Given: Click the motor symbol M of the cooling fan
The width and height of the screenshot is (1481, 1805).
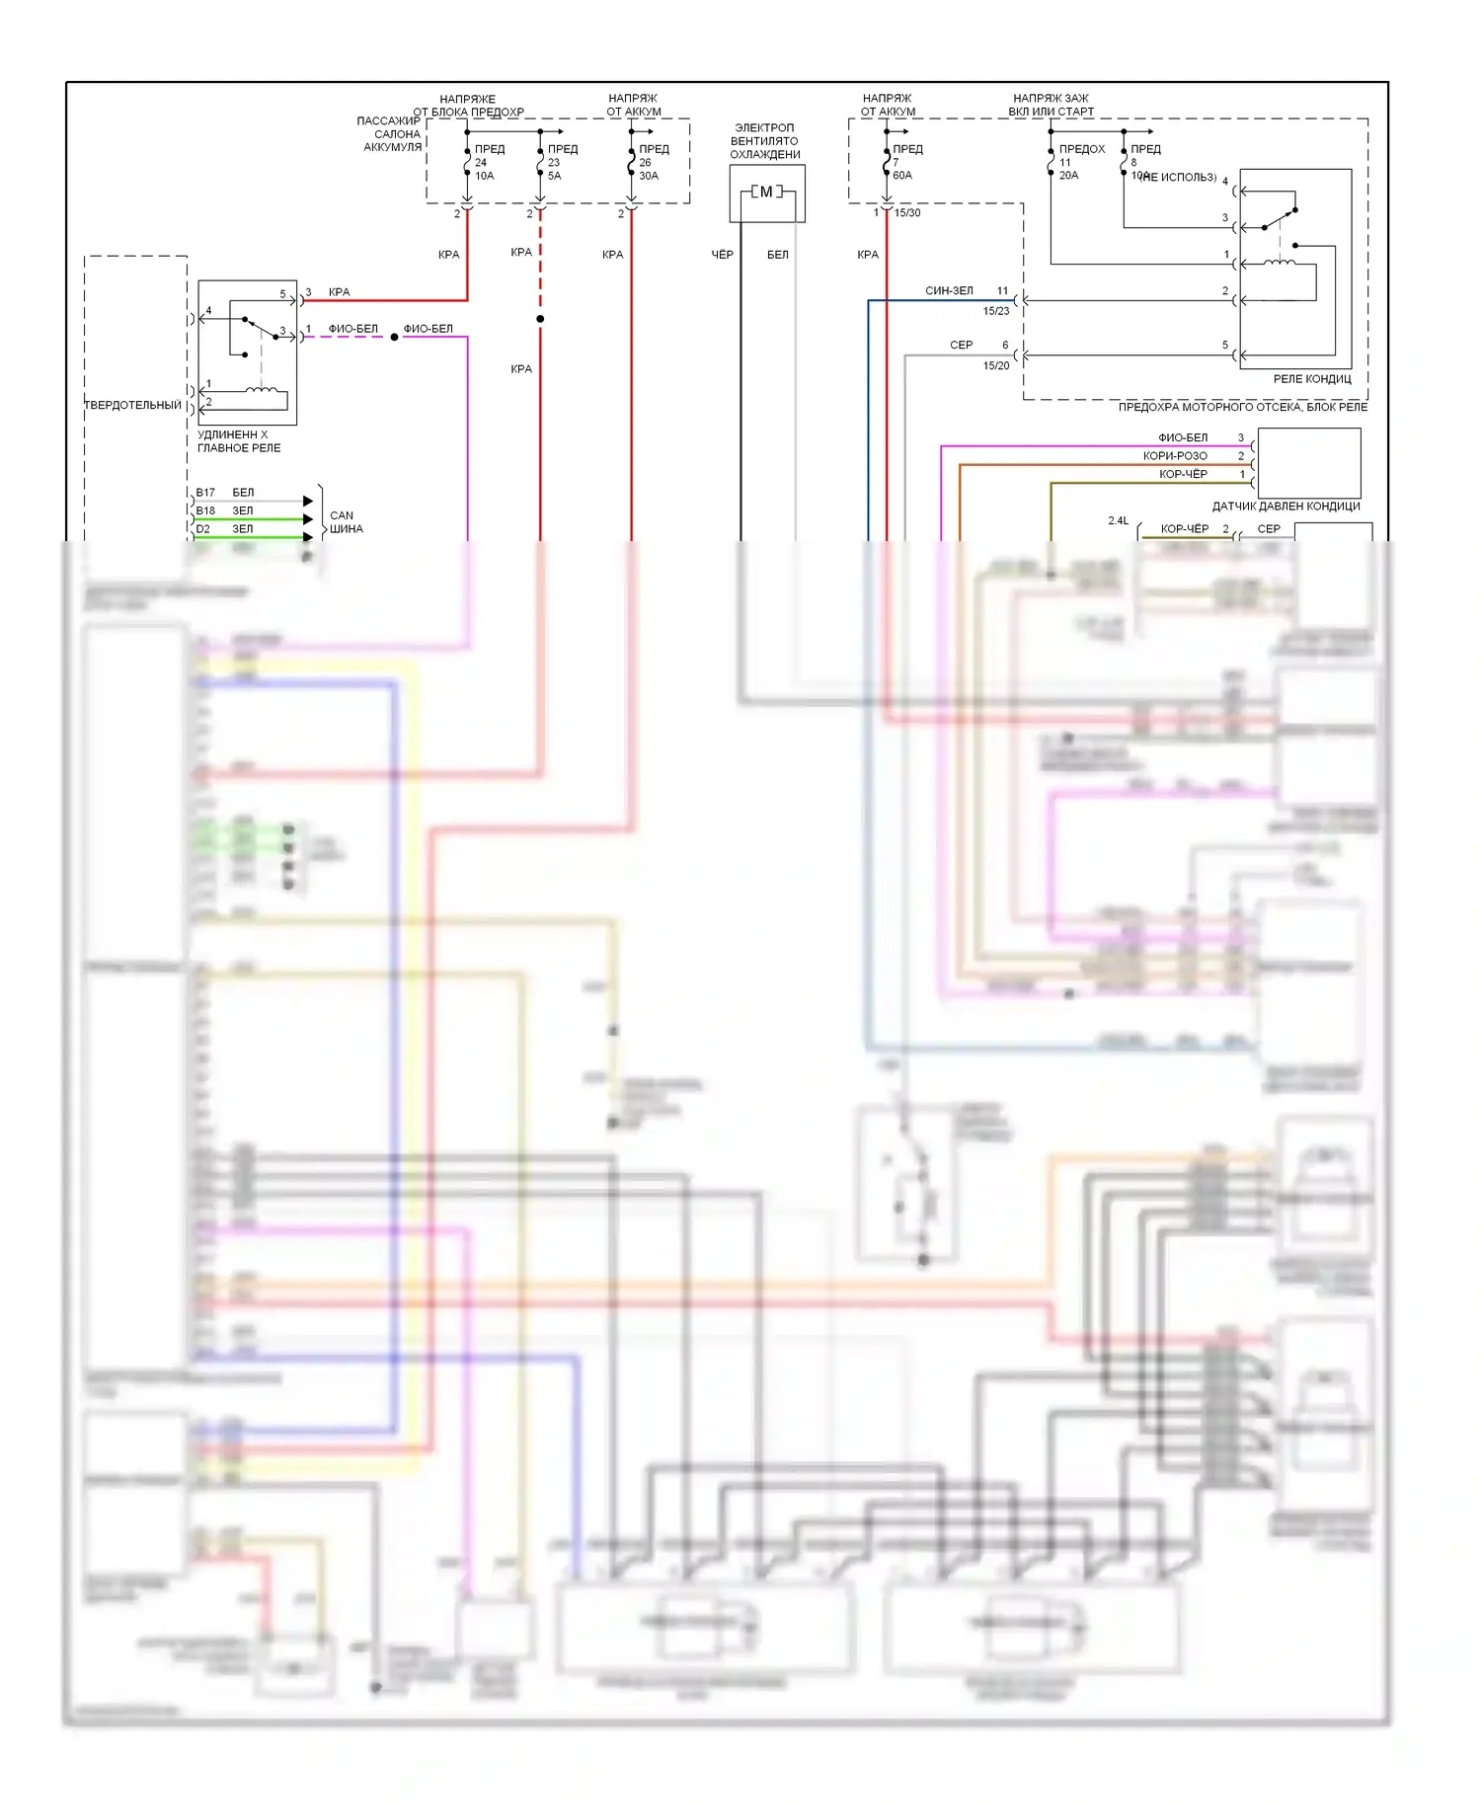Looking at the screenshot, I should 766,193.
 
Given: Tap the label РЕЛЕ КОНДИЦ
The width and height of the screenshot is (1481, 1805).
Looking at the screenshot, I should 1311,379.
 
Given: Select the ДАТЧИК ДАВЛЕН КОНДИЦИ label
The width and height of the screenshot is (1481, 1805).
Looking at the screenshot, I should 1286,507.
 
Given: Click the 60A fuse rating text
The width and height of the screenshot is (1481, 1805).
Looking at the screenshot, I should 902,176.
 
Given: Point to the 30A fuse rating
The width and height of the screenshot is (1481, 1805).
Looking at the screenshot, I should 649,176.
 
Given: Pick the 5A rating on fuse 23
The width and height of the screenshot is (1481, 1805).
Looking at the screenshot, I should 555,176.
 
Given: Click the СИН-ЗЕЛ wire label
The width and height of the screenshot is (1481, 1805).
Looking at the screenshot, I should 949,291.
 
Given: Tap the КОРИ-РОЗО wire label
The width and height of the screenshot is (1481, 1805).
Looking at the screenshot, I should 1175,456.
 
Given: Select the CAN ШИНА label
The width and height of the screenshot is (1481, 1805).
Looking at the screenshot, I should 346,522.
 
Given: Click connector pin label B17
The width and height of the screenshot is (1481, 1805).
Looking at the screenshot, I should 205,493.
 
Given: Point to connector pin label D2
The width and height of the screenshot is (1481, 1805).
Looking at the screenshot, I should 202,529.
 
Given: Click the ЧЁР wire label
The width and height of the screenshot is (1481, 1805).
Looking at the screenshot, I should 723,255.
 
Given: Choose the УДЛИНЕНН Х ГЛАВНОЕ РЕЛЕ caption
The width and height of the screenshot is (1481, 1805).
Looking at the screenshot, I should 239,441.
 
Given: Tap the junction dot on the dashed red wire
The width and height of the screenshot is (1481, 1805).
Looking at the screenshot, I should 540,319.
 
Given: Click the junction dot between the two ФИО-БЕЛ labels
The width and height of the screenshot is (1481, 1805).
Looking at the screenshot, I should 394,338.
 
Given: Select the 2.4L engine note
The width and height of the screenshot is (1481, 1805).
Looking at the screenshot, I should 1118,521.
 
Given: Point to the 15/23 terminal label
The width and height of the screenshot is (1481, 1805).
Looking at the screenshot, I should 996,311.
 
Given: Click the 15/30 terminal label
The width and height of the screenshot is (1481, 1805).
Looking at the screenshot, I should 907,213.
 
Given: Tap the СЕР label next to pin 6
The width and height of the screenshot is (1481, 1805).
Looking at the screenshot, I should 961,346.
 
